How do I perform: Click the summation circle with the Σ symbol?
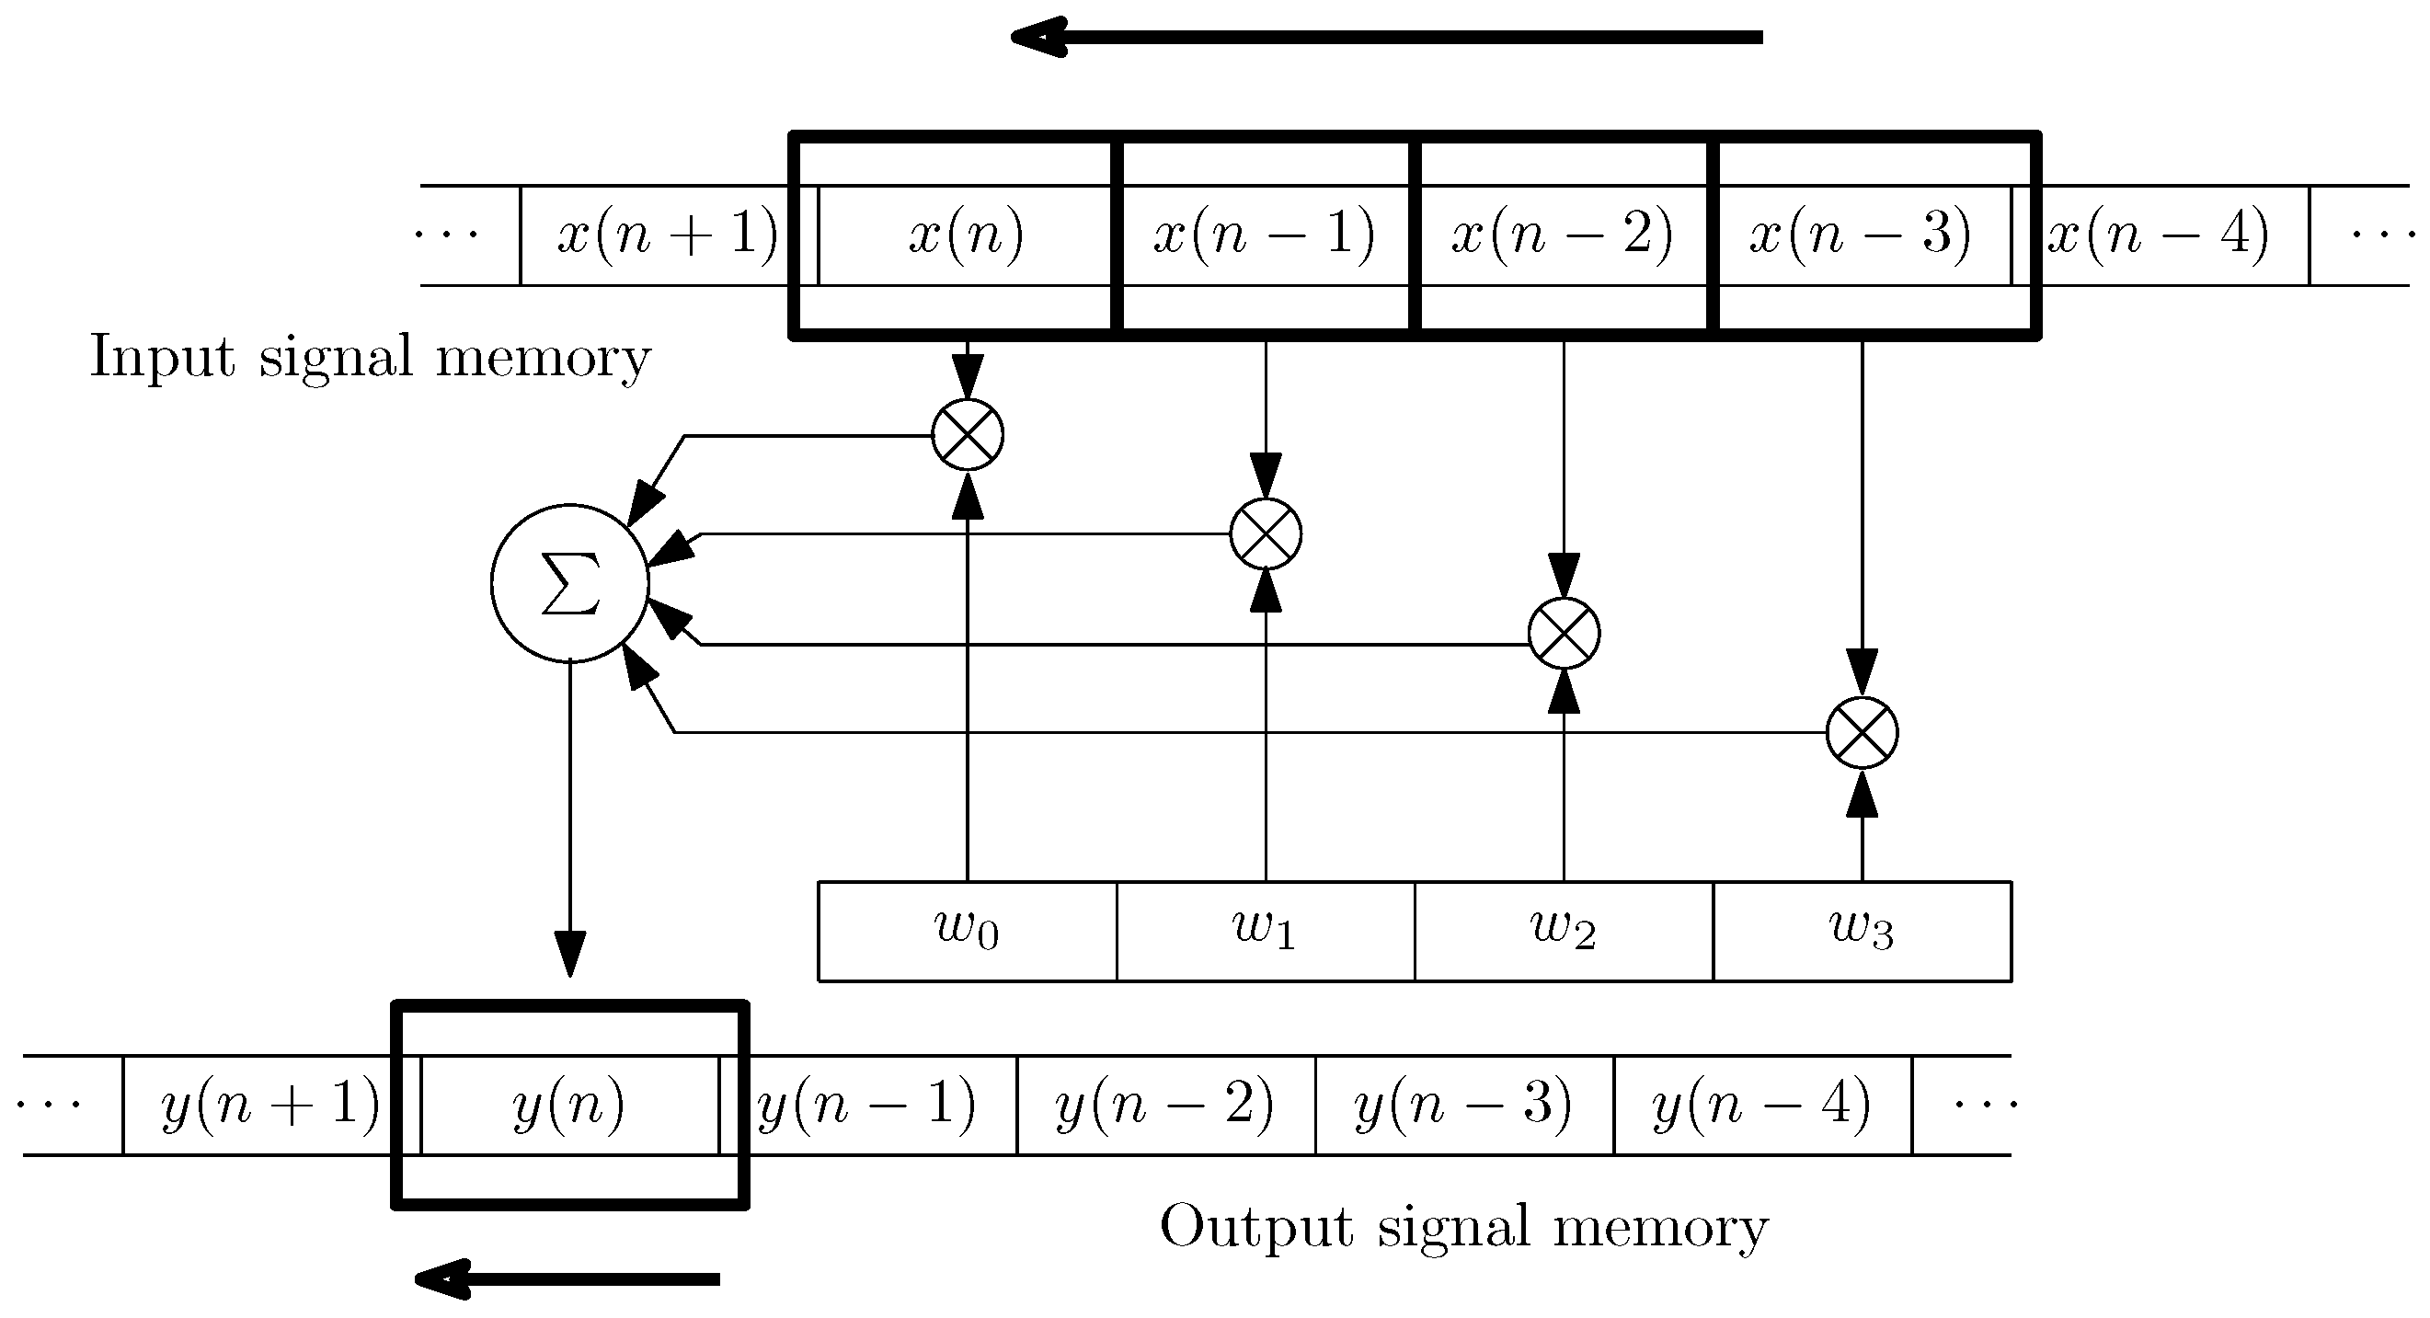(569, 583)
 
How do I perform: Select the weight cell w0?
(967, 931)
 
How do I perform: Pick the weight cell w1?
(1265, 931)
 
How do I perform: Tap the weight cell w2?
(1563, 931)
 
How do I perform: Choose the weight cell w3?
(1862, 931)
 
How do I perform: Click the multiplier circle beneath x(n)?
(967, 435)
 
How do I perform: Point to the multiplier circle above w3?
(1862, 733)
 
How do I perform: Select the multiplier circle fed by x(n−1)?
(1265, 534)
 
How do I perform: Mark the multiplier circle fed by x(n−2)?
(1563, 633)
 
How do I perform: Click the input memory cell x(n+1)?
(667, 235)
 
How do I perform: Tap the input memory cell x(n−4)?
(2159, 235)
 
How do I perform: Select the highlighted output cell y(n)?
(569, 1105)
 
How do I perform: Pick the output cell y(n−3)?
(1463, 1105)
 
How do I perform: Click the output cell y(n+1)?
(270, 1105)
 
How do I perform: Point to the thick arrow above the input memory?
(1387, 38)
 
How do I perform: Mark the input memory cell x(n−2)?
(1562, 235)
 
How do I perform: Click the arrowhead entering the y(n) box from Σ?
(569, 955)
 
